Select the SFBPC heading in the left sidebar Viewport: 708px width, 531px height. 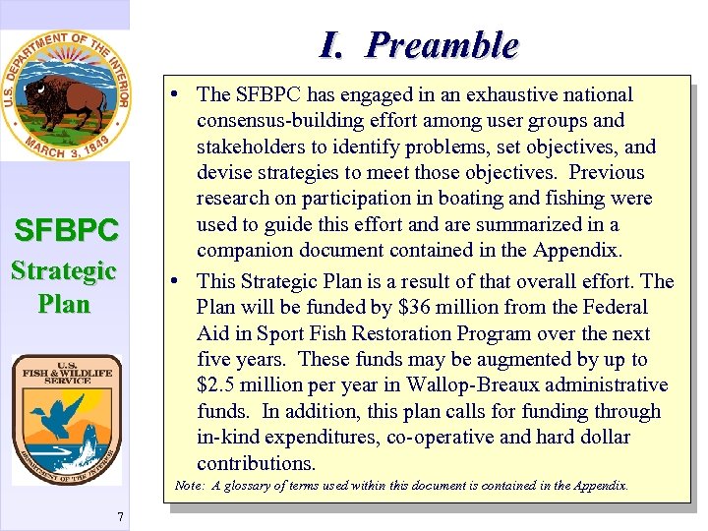[66, 231]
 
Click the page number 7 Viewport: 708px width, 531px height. [119, 518]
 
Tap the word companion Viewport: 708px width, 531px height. [243, 250]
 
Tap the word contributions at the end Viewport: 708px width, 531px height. [256, 463]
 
